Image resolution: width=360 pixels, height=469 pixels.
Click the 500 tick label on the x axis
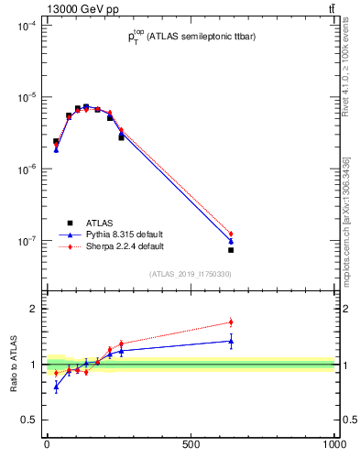click(191, 444)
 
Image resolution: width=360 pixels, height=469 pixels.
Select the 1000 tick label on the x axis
click(333, 444)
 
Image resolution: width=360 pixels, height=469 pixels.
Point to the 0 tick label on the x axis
click(47, 444)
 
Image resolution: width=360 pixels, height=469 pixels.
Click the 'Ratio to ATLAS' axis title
click(14, 365)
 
